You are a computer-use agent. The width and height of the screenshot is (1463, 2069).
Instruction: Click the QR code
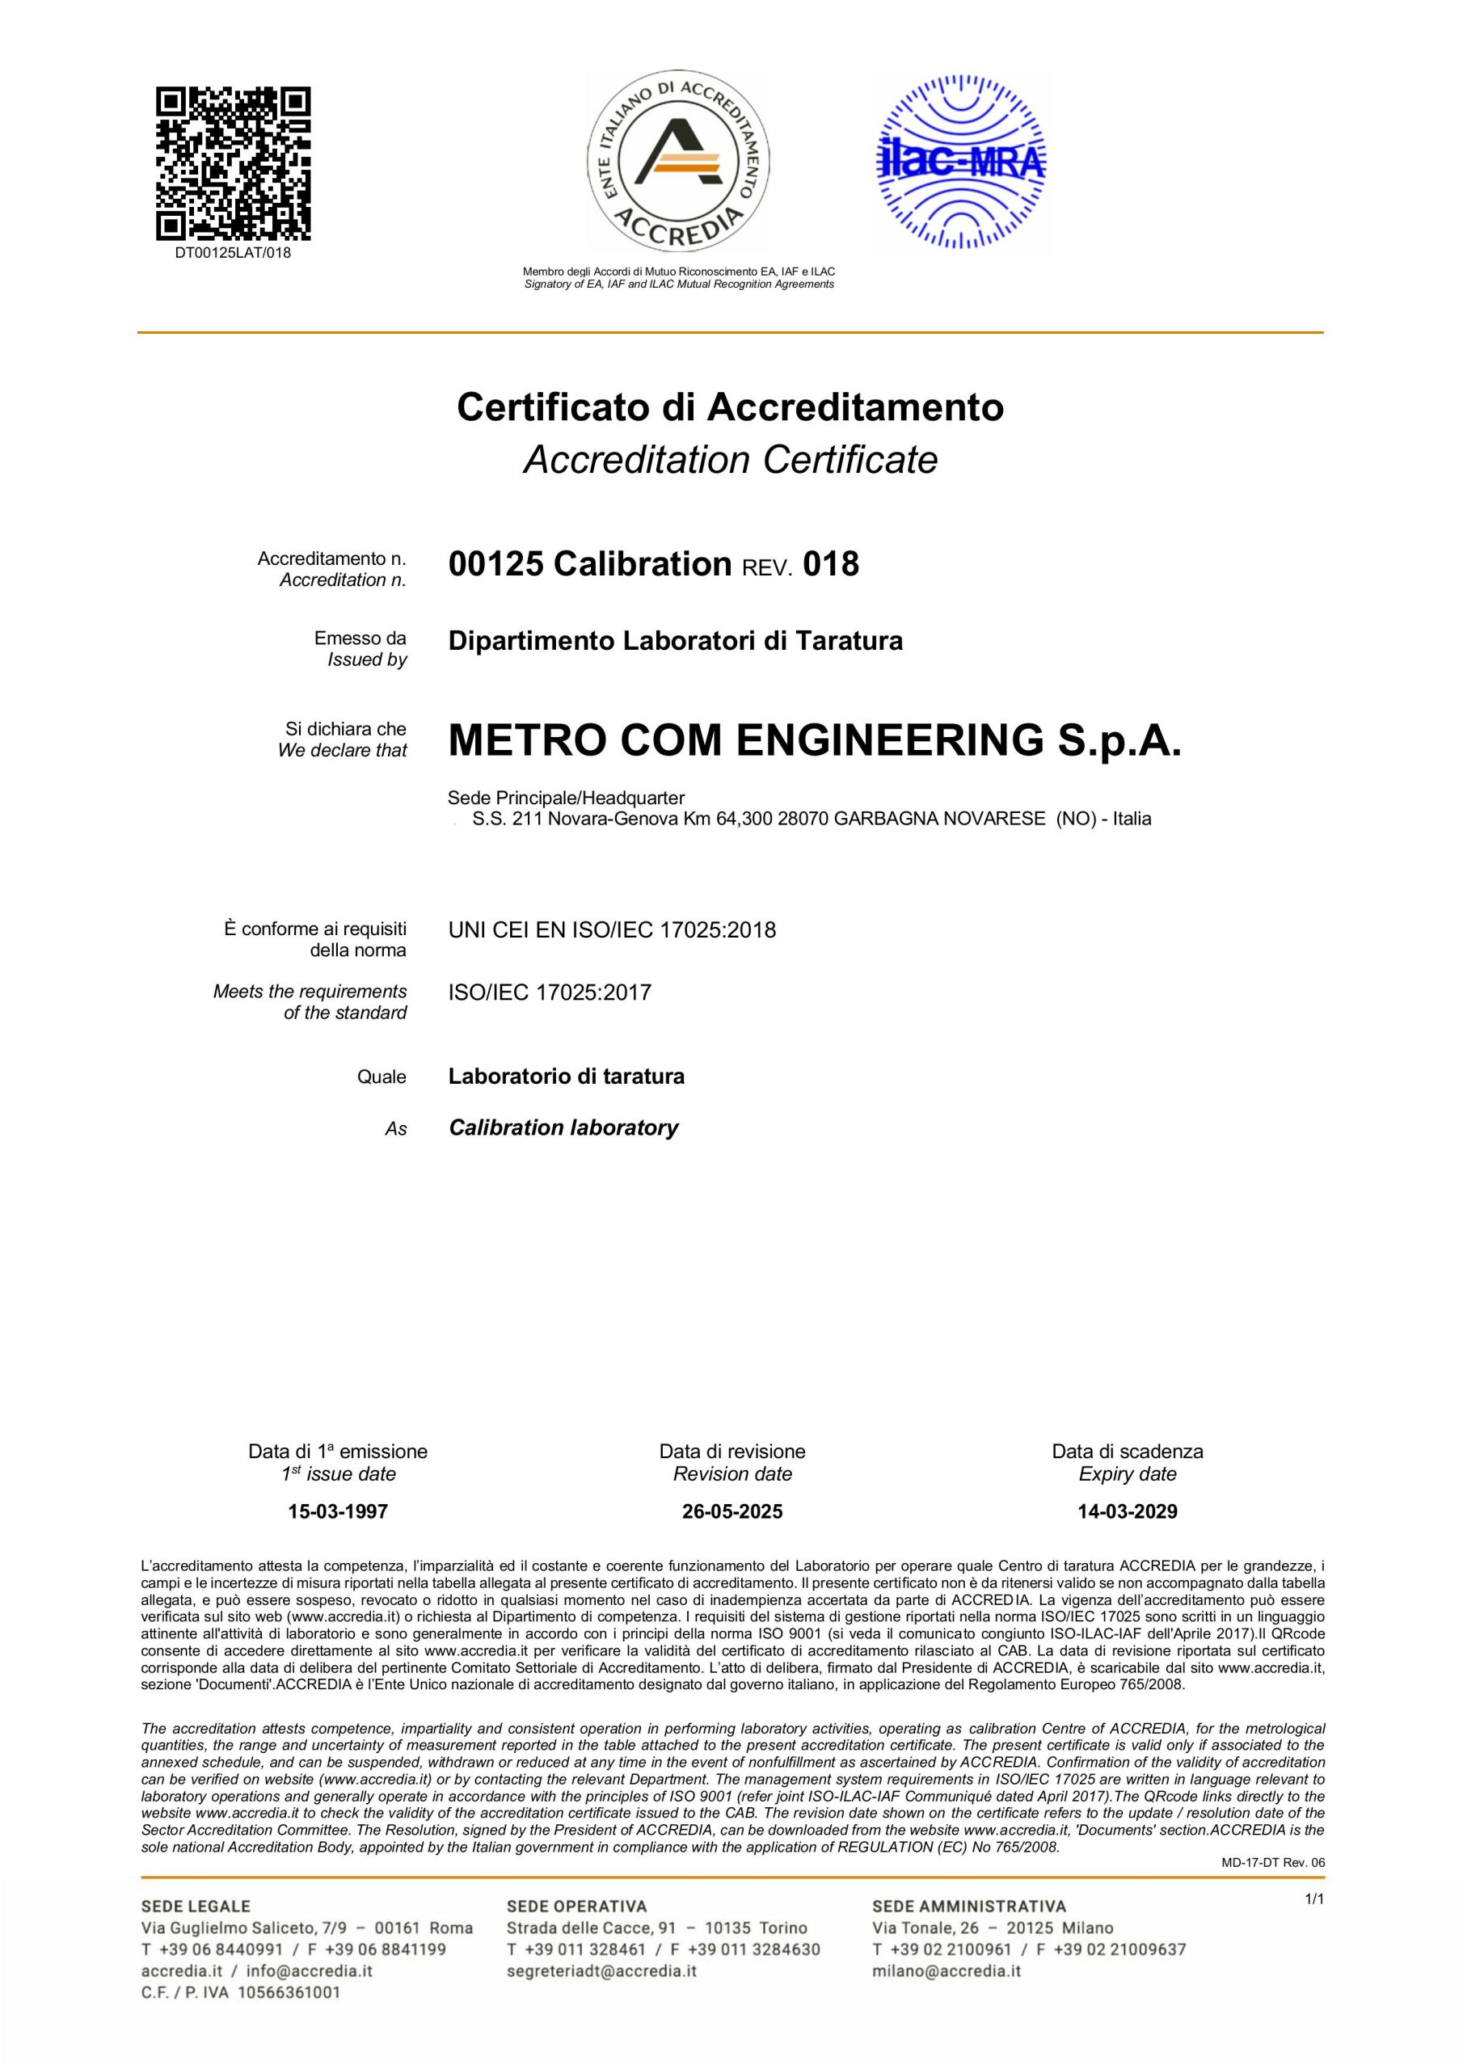tap(234, 162)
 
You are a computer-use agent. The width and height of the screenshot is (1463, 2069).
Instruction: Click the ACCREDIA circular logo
tap(678, 162)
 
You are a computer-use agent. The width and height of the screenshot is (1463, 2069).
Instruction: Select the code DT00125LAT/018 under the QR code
tap(233, 253)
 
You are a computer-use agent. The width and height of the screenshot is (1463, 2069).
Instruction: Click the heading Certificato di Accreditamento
tap(730, 407)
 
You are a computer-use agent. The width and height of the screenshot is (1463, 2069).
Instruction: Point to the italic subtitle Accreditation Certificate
tap(730, 460)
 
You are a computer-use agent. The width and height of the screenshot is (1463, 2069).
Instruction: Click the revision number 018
tap(830, 565)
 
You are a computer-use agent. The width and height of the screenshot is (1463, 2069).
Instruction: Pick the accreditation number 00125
tap(495, 565)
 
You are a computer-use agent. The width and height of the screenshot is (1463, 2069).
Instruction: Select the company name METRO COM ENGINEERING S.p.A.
tap(814, 741)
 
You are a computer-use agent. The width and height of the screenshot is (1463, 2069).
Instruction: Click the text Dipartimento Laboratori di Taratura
tap(675, 642)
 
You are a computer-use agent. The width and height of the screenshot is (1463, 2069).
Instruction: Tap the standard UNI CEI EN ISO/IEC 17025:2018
tap(612, 930)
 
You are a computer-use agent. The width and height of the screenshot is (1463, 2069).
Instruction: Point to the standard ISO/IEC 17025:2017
tap(550, 993)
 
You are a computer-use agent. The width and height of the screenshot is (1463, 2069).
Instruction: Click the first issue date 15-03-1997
tap(338, 1511)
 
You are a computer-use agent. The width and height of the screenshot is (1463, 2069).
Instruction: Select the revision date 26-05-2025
tap(732, 1511)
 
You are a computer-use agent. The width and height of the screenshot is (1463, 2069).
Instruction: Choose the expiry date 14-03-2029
tap(1127, 1511)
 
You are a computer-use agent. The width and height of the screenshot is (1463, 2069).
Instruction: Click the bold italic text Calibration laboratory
tap(563, 1128)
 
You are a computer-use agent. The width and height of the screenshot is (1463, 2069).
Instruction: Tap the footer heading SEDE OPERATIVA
tap(577, 1906)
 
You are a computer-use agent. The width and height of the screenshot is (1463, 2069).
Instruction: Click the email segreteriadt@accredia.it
tap(601, 1970)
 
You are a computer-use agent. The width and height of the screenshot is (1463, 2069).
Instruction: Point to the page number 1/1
tap(1314, 1899)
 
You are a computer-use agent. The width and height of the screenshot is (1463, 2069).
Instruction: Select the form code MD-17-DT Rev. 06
tap(1273, 1863)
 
